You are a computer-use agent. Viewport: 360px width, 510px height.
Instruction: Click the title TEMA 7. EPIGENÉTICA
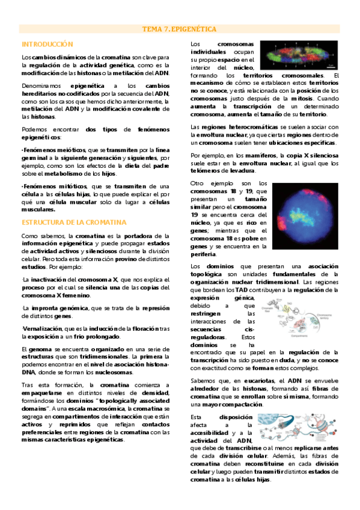tap(179, 29)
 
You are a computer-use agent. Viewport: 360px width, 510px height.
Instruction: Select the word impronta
tap(42, 308)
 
